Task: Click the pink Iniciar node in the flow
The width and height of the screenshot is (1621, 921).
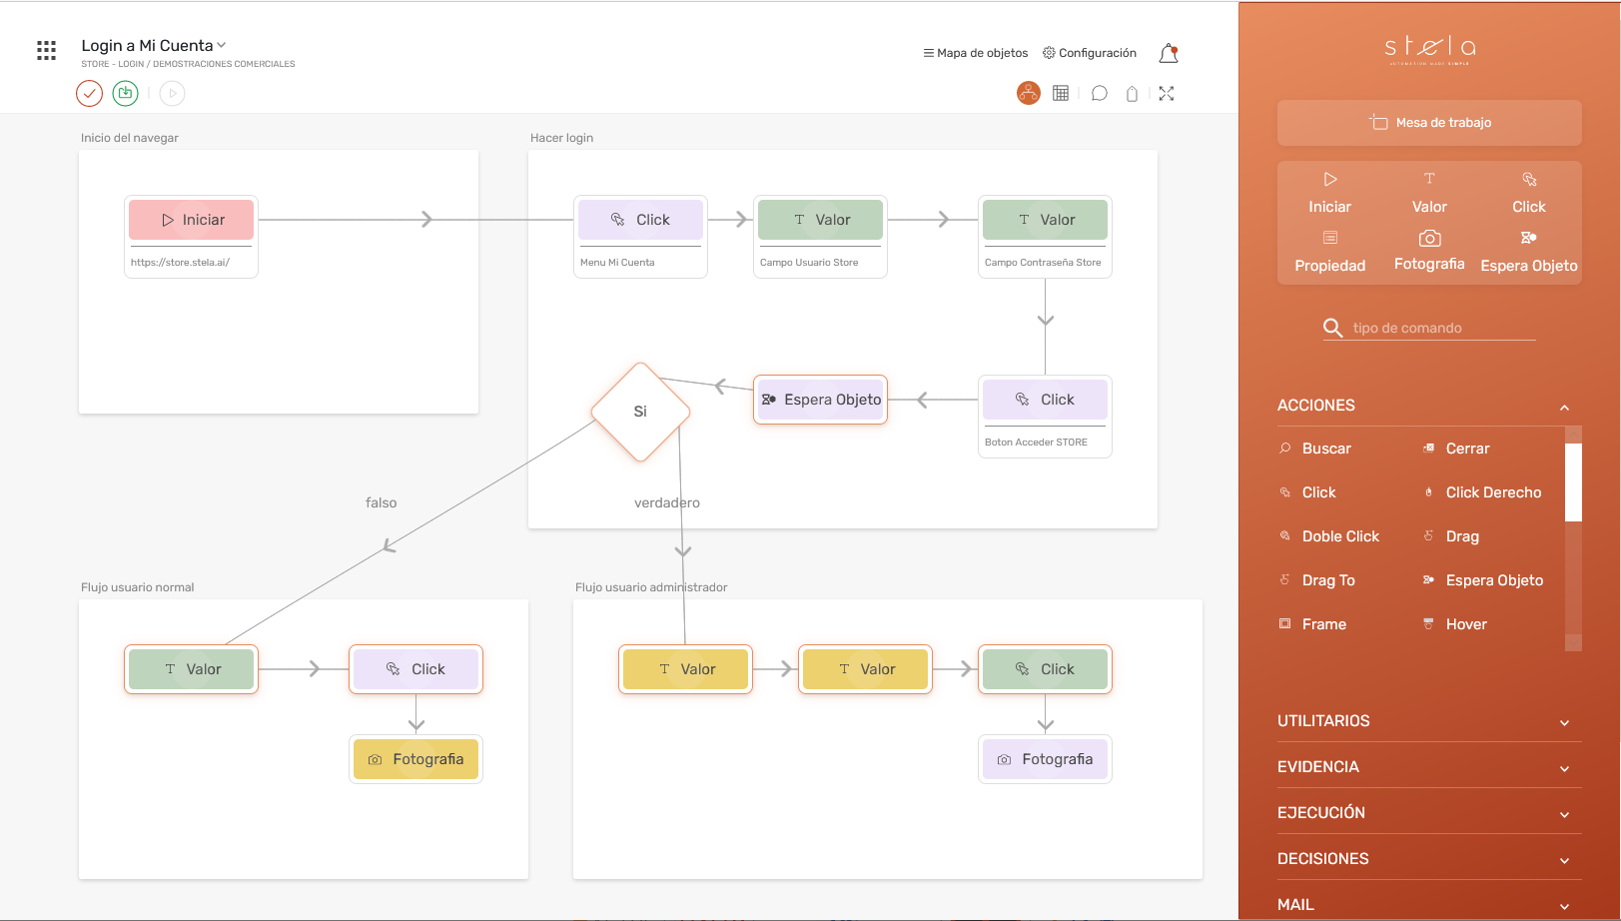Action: click(192, 220)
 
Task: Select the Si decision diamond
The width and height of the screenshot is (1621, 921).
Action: click(640, 412)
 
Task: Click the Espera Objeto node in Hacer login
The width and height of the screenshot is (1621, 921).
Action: click(821, 400)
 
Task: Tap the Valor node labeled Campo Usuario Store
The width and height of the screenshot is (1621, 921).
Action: click(821, 220)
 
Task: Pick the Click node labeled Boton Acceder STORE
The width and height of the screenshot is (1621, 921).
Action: click(1045, 400)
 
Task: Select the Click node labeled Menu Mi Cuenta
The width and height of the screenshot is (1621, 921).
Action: click(641, 220)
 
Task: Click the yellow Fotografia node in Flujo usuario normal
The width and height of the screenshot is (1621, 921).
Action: click(415, 759)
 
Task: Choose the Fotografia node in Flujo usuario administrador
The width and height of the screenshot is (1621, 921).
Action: click(1045, 759)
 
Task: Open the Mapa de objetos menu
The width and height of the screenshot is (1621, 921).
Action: click(976, 53)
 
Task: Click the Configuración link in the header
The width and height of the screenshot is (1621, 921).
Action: click(1090, 53)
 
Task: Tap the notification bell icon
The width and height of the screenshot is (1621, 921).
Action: click(1168, 54)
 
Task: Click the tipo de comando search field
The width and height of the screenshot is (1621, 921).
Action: click(1438, 328)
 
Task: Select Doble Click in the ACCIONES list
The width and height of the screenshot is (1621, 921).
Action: click(1339, 536)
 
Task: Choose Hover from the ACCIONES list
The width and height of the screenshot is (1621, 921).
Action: click(1465, 624)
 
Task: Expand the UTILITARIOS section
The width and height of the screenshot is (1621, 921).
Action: click(1423, 721)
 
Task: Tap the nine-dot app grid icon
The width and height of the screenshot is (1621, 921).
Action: click(46, 50)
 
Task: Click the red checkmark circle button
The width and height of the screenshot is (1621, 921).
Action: click(89, 94)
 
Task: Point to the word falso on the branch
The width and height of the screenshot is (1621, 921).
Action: click(381, 502)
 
